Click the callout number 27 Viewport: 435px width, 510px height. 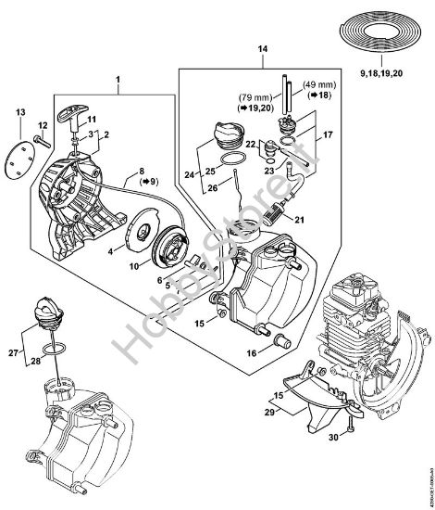click(x=14, y=353)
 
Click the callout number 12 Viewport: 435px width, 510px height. click(x=43, y=125)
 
